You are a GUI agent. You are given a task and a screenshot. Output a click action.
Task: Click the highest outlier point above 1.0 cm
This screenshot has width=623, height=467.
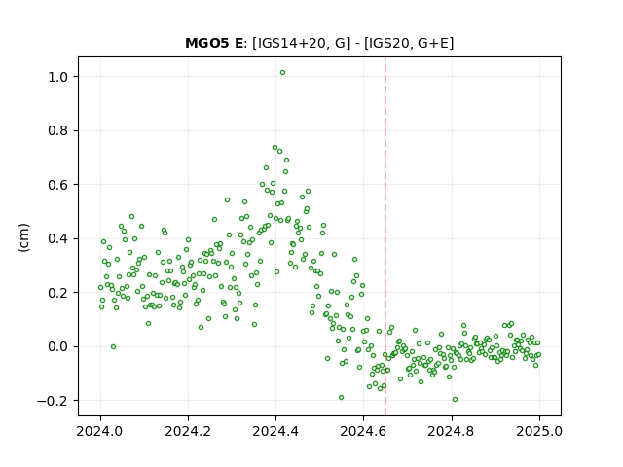pyautogui.click(x=282, y=73)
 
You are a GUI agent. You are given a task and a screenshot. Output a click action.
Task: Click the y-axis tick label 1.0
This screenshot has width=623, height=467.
pyautogui.click(x=58, y=77)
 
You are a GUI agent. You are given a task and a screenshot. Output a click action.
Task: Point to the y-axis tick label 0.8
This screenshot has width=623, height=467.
pyautogui.click(x=58, y=130)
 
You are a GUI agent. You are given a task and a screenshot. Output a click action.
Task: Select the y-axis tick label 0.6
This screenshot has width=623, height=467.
pyautogui.click(x=58, y=185)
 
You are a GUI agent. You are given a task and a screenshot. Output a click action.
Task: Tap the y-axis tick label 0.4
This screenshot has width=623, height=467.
pyautogui.click(x=58, y=238)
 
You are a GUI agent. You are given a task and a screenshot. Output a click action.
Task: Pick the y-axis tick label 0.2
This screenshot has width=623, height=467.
pyautogui.click(x=58, y=293)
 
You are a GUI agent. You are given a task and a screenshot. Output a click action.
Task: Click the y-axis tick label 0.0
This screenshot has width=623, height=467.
pyautogui.click(x=58, y=346)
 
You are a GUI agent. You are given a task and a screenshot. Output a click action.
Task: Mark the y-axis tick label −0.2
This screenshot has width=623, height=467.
pyautogui.click(x=53, y=401)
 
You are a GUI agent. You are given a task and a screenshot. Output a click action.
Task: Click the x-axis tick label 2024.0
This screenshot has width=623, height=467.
pyautogui.click(x=100, y=431)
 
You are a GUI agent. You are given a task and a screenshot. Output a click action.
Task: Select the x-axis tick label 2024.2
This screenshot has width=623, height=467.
pyautogui.click(x=188, y=431)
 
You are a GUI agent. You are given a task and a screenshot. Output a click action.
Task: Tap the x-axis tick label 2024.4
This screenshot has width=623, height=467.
pyautogui.click(x=275, y=431)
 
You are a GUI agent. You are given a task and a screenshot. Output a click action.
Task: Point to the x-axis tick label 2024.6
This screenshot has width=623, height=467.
pyautogui.click(x=363, y=431)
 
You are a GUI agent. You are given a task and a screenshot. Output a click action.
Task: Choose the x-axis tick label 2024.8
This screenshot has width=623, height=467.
pyautogui.click(x=452, y=431)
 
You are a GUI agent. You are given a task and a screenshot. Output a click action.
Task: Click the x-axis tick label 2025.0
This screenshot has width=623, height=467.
pyautogui.click(x=539, y=431)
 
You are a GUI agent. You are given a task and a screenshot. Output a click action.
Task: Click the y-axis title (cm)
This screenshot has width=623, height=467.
pyautogui.click(x=23, y=237)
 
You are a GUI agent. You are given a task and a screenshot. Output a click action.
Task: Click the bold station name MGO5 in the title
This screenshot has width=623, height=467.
pyautogui.click(x=207, y=43)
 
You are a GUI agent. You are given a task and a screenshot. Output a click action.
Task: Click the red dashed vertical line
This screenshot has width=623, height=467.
pyautogui.click(x=385, y=236)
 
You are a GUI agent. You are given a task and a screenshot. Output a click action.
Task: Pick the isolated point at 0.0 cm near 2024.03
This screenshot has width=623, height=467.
pyautogui.click(x=113, y=346)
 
